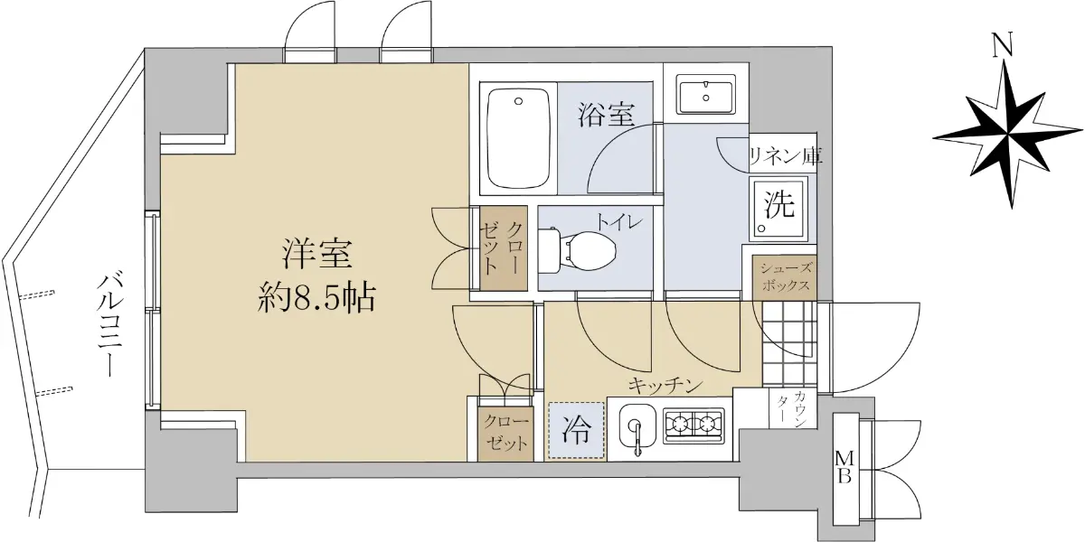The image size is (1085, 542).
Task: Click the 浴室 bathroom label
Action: coord(606,116)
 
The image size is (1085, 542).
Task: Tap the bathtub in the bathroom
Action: coord(518,138)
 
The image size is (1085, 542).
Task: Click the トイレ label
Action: coord(619,222)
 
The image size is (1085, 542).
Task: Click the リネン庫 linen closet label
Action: coord(786,155)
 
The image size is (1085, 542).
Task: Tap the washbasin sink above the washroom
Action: coord(706,94)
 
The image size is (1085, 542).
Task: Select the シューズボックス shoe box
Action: coord(785,277)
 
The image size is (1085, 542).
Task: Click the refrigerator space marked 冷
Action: coord(577,430)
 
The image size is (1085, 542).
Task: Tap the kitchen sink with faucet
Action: coord(637,428)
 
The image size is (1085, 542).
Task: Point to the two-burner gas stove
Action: coord(694,425)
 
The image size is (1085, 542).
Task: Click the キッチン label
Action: coord(665,387)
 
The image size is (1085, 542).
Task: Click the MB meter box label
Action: coord(844,467)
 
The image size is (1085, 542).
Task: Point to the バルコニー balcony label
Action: coord(112,324)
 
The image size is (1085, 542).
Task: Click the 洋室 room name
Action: coord(317,254)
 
